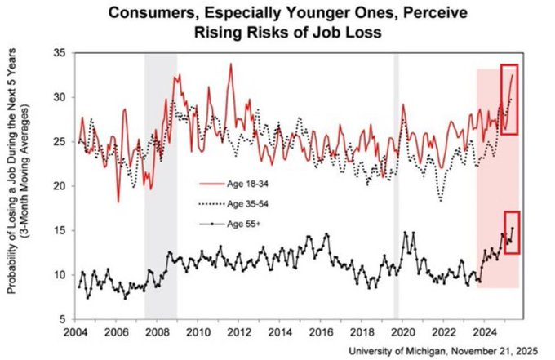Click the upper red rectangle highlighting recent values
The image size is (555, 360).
tap(509, 100)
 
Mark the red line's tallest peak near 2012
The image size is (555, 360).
tap(231, 64)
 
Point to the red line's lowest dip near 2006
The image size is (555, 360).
tap(118, 201)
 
